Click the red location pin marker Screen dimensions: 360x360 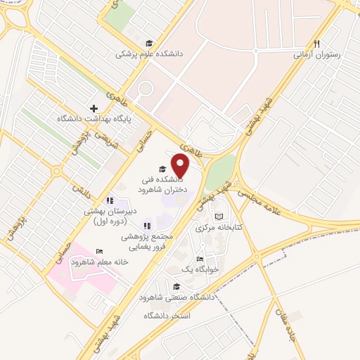coord(181,166)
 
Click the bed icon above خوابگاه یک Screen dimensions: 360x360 coord(200,258)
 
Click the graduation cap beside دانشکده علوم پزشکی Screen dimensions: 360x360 coord(148,42)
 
